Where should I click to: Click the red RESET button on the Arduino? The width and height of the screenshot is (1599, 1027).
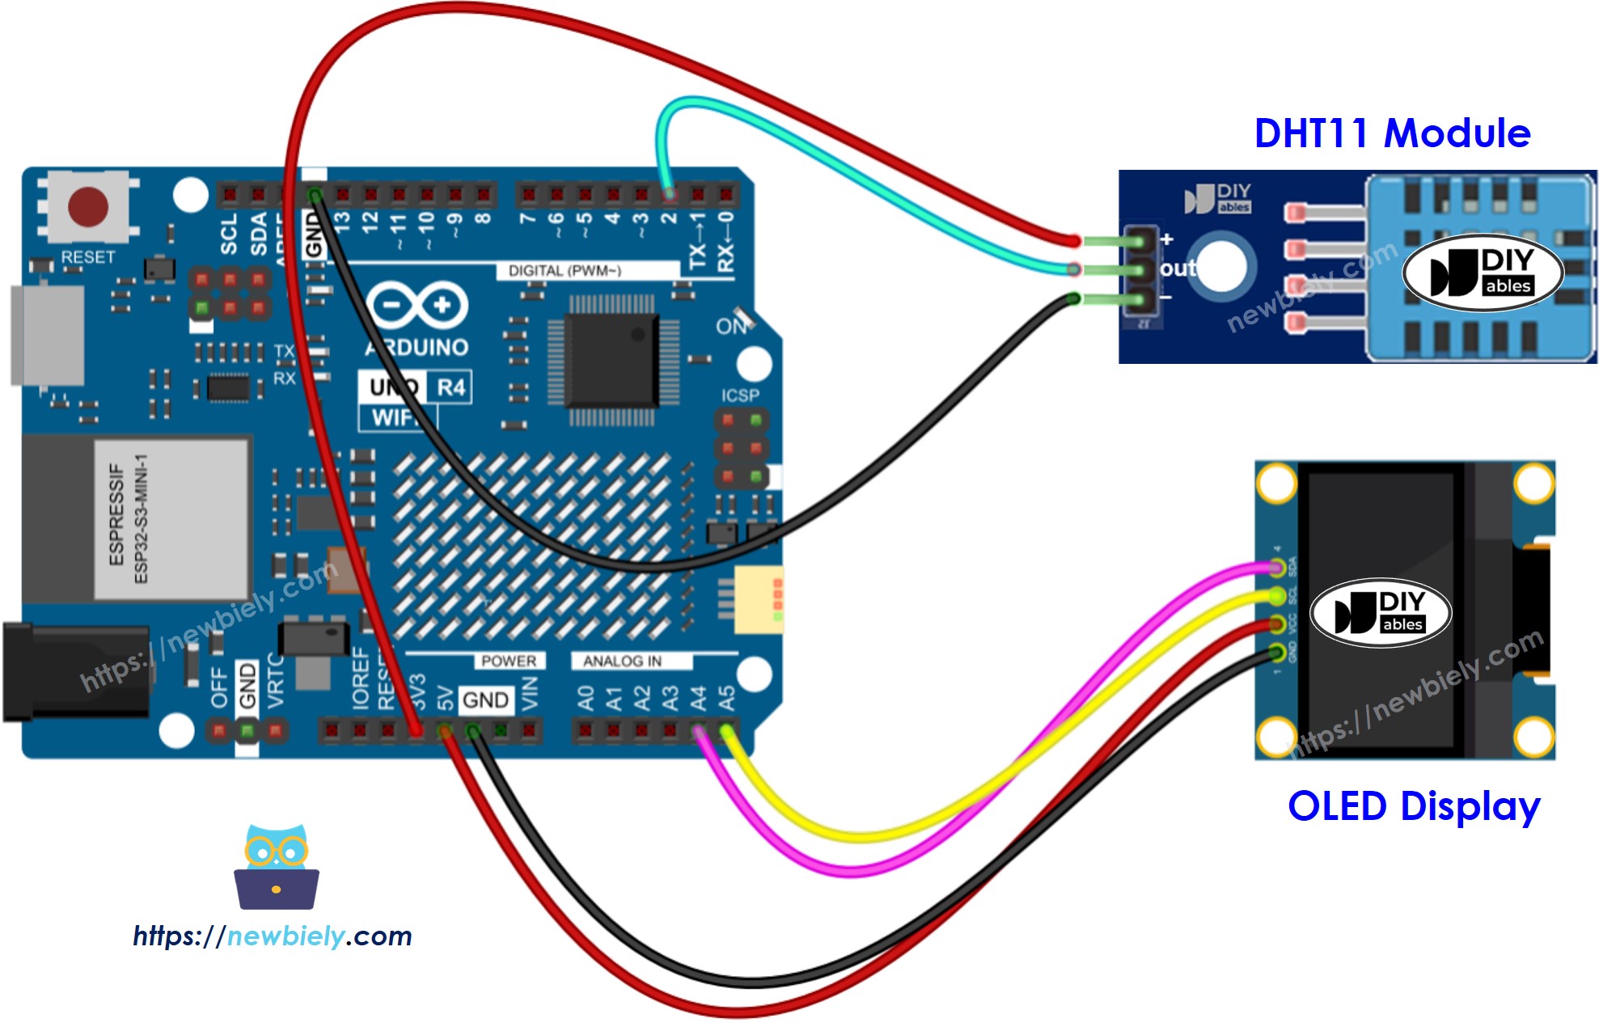pos(87,206)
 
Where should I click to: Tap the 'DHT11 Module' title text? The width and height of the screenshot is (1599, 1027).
pos(1391,133)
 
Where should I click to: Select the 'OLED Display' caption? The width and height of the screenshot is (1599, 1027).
pos(1413,807)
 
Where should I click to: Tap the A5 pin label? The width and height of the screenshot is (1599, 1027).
pos(726,697)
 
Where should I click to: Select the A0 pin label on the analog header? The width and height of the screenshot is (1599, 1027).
pos(586,697)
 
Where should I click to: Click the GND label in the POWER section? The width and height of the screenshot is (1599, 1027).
pos(485,699)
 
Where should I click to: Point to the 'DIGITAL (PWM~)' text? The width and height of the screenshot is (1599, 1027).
pos(565,271)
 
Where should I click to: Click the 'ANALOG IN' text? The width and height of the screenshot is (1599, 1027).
pos(622,661)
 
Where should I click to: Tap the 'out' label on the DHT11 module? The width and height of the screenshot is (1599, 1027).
pos(1178,268)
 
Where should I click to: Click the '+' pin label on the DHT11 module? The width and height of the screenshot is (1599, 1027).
pos(1167,239)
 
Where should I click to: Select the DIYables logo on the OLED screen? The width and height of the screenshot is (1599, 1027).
pos(1381,613)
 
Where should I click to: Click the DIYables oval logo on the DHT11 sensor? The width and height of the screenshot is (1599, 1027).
pos(1483,273)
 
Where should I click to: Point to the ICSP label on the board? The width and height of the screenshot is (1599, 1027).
pos(740,395)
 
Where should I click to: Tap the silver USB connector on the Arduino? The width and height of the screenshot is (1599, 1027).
pos(47,335)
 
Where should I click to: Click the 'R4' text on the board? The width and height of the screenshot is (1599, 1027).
pos(451,388)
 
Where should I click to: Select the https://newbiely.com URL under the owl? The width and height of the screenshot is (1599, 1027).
pos(273,936)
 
